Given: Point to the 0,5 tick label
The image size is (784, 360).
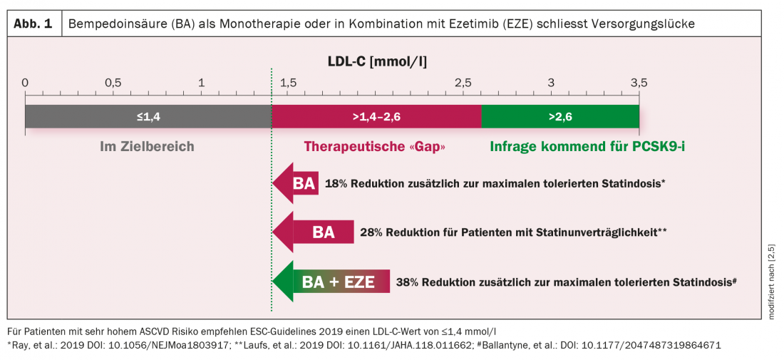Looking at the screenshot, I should point(113,82).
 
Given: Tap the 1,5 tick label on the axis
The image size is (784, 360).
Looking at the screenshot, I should point(288,82).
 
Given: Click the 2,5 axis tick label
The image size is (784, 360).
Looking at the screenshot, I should point(463,82).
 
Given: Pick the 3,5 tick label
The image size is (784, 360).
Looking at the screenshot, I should point(639,82).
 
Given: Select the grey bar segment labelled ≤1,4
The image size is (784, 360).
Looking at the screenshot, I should point(148,116).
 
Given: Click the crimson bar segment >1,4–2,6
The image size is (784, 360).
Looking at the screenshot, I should point(376,116).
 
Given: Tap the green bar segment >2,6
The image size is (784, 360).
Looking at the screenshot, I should point(560,116).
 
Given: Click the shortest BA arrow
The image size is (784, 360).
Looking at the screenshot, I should point(296,183).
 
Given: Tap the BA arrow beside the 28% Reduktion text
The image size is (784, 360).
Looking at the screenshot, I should point(314,232).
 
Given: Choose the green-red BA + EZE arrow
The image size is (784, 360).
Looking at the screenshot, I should point(331,281).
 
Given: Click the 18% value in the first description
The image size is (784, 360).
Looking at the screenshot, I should point(337,183).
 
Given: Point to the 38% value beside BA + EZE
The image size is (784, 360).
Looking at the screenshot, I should point(408,282).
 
